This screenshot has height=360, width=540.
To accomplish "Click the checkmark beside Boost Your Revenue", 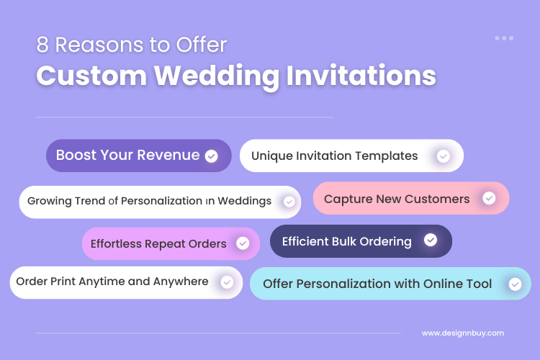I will click(x=211, y=156).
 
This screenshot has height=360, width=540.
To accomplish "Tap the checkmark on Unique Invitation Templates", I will click(x=444, y=156).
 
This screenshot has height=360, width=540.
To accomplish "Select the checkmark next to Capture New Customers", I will click(x=489, y=198).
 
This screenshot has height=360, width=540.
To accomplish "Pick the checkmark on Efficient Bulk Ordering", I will click(x=431, y=240).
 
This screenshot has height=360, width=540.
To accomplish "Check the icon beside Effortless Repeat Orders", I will click(x=244, y=243).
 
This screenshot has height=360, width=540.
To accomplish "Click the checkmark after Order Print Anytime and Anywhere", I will click(x=227, y=282).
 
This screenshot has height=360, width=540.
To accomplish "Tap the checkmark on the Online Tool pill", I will click(x=515, y=284).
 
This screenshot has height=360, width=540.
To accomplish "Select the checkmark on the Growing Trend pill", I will click(x=289, y=202).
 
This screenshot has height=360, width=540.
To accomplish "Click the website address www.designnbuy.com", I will click(x=463, y=333).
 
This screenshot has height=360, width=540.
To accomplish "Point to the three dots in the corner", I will click(x=504, y=38).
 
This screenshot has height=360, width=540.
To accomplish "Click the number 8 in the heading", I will click(x=43, y=45).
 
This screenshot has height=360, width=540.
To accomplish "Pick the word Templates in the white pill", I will click(x=390, y=156).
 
